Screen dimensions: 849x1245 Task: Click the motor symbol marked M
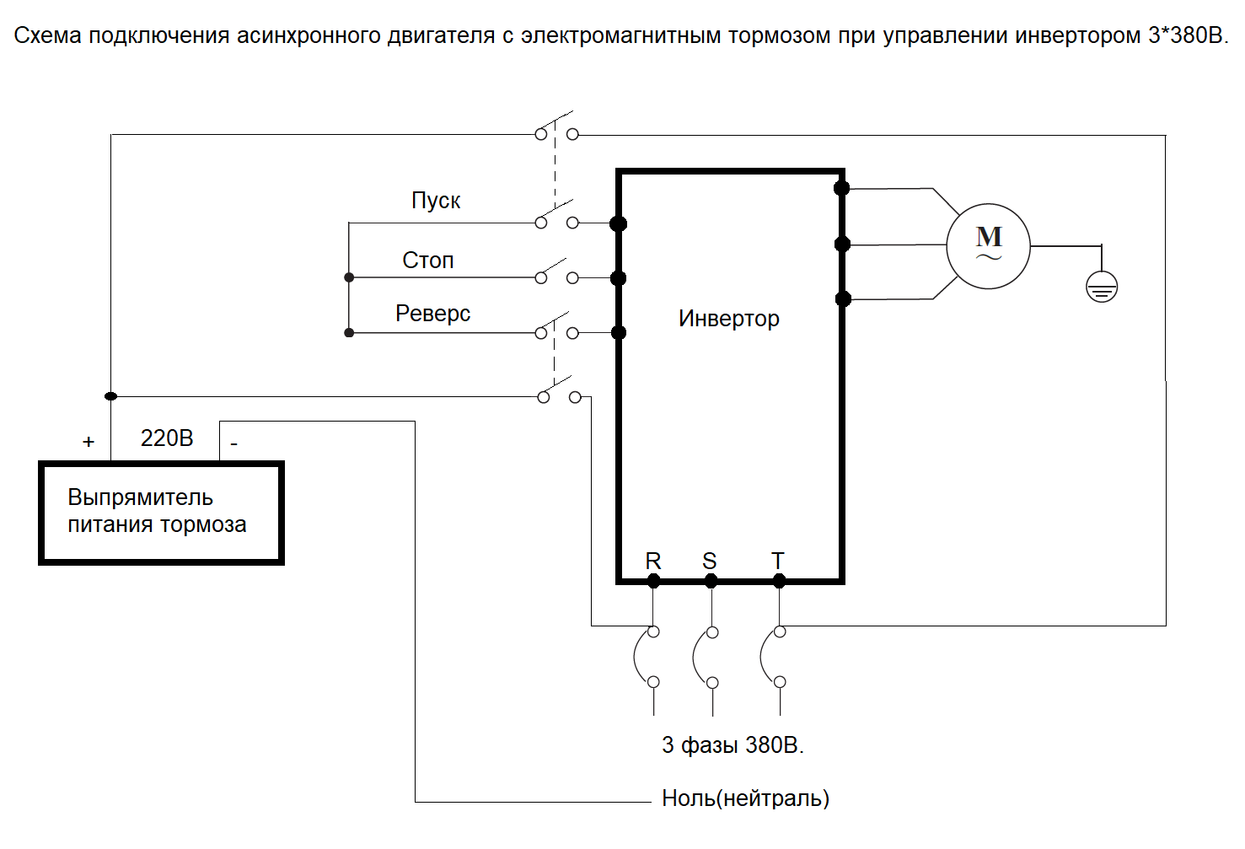(x=988, y=245)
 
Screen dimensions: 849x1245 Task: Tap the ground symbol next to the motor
(x=1102, y=287)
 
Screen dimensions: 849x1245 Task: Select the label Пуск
(x=436, y=201)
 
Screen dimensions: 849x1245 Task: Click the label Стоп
(x=428, y=261)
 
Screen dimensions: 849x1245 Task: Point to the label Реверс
(x=432, y=314)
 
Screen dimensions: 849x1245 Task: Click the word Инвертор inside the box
(x=729, y=319)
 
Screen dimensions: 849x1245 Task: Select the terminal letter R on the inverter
(x=653, y=561)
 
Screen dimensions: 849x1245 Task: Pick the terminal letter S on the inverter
(x=710, y=561)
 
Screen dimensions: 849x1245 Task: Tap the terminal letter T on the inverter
(x=778, y=561)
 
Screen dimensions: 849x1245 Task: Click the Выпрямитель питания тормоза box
(x=161, y=512)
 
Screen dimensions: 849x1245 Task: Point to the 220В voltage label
(x=167, y=438)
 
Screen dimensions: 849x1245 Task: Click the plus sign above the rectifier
(x=89, y=442)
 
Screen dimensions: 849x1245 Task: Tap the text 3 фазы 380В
(x=733, y=745)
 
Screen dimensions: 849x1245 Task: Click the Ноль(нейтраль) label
(x=745, y=798)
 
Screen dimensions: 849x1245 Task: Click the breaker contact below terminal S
(x=705, y=657)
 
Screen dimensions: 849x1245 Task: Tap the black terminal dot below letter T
(x=779, y=581)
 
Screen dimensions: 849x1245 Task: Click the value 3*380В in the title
(x=1188, y=36)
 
